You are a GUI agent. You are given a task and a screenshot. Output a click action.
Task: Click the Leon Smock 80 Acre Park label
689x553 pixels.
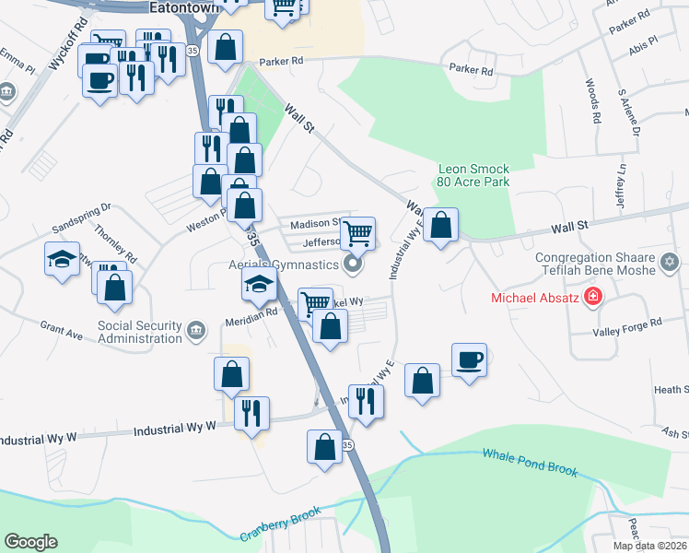click(x=473, y=176)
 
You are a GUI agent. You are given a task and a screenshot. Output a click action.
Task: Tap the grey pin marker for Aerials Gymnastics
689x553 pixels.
click(x=352, y=265)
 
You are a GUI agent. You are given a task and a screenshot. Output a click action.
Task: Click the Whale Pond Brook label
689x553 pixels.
click(x=529, y=463)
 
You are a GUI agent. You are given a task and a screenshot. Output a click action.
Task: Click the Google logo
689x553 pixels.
click(x=30, y=541)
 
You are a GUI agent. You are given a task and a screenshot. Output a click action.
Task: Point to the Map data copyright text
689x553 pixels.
click(x=648, y=546)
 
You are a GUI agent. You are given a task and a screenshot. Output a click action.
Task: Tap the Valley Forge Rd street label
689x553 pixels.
click(x=629, y=324)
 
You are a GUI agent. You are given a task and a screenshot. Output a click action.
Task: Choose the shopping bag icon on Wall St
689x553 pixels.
click(x=441, y=224)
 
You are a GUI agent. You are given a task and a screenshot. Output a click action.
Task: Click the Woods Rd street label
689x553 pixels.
click(x=592, y=100)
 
